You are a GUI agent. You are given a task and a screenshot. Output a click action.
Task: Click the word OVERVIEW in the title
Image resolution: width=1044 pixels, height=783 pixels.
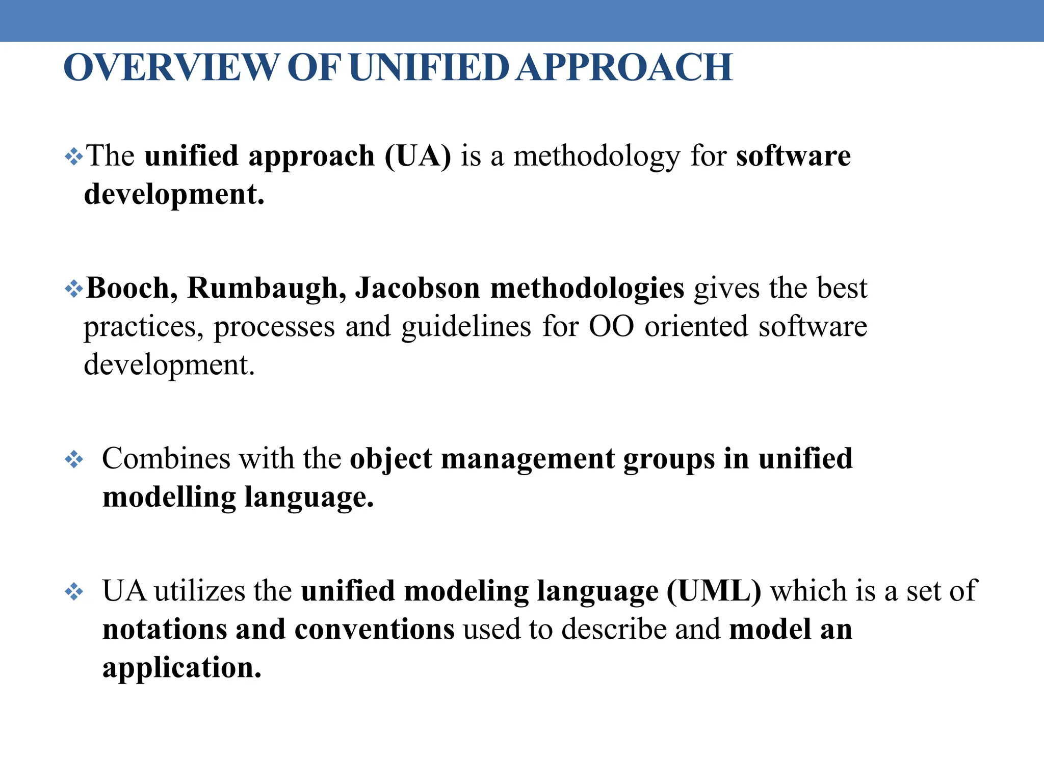(x=171, y=68)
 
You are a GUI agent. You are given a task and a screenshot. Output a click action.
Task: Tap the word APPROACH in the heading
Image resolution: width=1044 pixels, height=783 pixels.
(x=624, y=68)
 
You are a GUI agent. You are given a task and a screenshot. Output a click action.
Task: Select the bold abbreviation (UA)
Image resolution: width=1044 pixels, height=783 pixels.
(x=418, y=156)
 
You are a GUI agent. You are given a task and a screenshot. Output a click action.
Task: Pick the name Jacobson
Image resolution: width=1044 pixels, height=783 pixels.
(x=417, y=289)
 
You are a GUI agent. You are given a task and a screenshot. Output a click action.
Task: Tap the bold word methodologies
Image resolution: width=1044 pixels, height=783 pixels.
(x=587, y=289)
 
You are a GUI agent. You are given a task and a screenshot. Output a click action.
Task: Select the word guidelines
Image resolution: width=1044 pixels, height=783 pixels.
(x=466, y=327)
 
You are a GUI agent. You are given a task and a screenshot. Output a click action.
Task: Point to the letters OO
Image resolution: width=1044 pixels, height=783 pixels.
(x=611, y=327)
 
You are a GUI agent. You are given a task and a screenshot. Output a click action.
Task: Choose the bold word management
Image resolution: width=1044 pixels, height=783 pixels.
(x=528, y=459)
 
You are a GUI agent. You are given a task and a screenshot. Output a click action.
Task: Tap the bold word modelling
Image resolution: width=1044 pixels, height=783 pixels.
(x=169, y=498)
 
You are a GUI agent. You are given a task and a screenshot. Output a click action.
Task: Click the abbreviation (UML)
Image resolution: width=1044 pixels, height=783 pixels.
(x=714, y=591)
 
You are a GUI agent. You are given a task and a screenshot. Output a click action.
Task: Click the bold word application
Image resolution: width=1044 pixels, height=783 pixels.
(x=182, y=668)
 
